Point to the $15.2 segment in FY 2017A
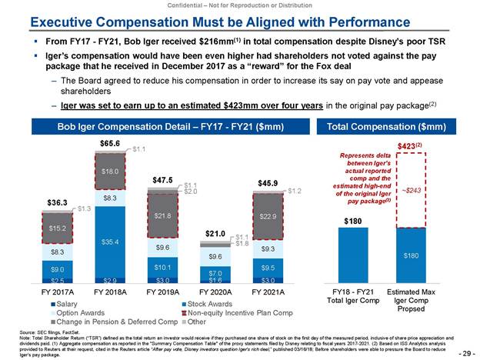click(x=57, y=228)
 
